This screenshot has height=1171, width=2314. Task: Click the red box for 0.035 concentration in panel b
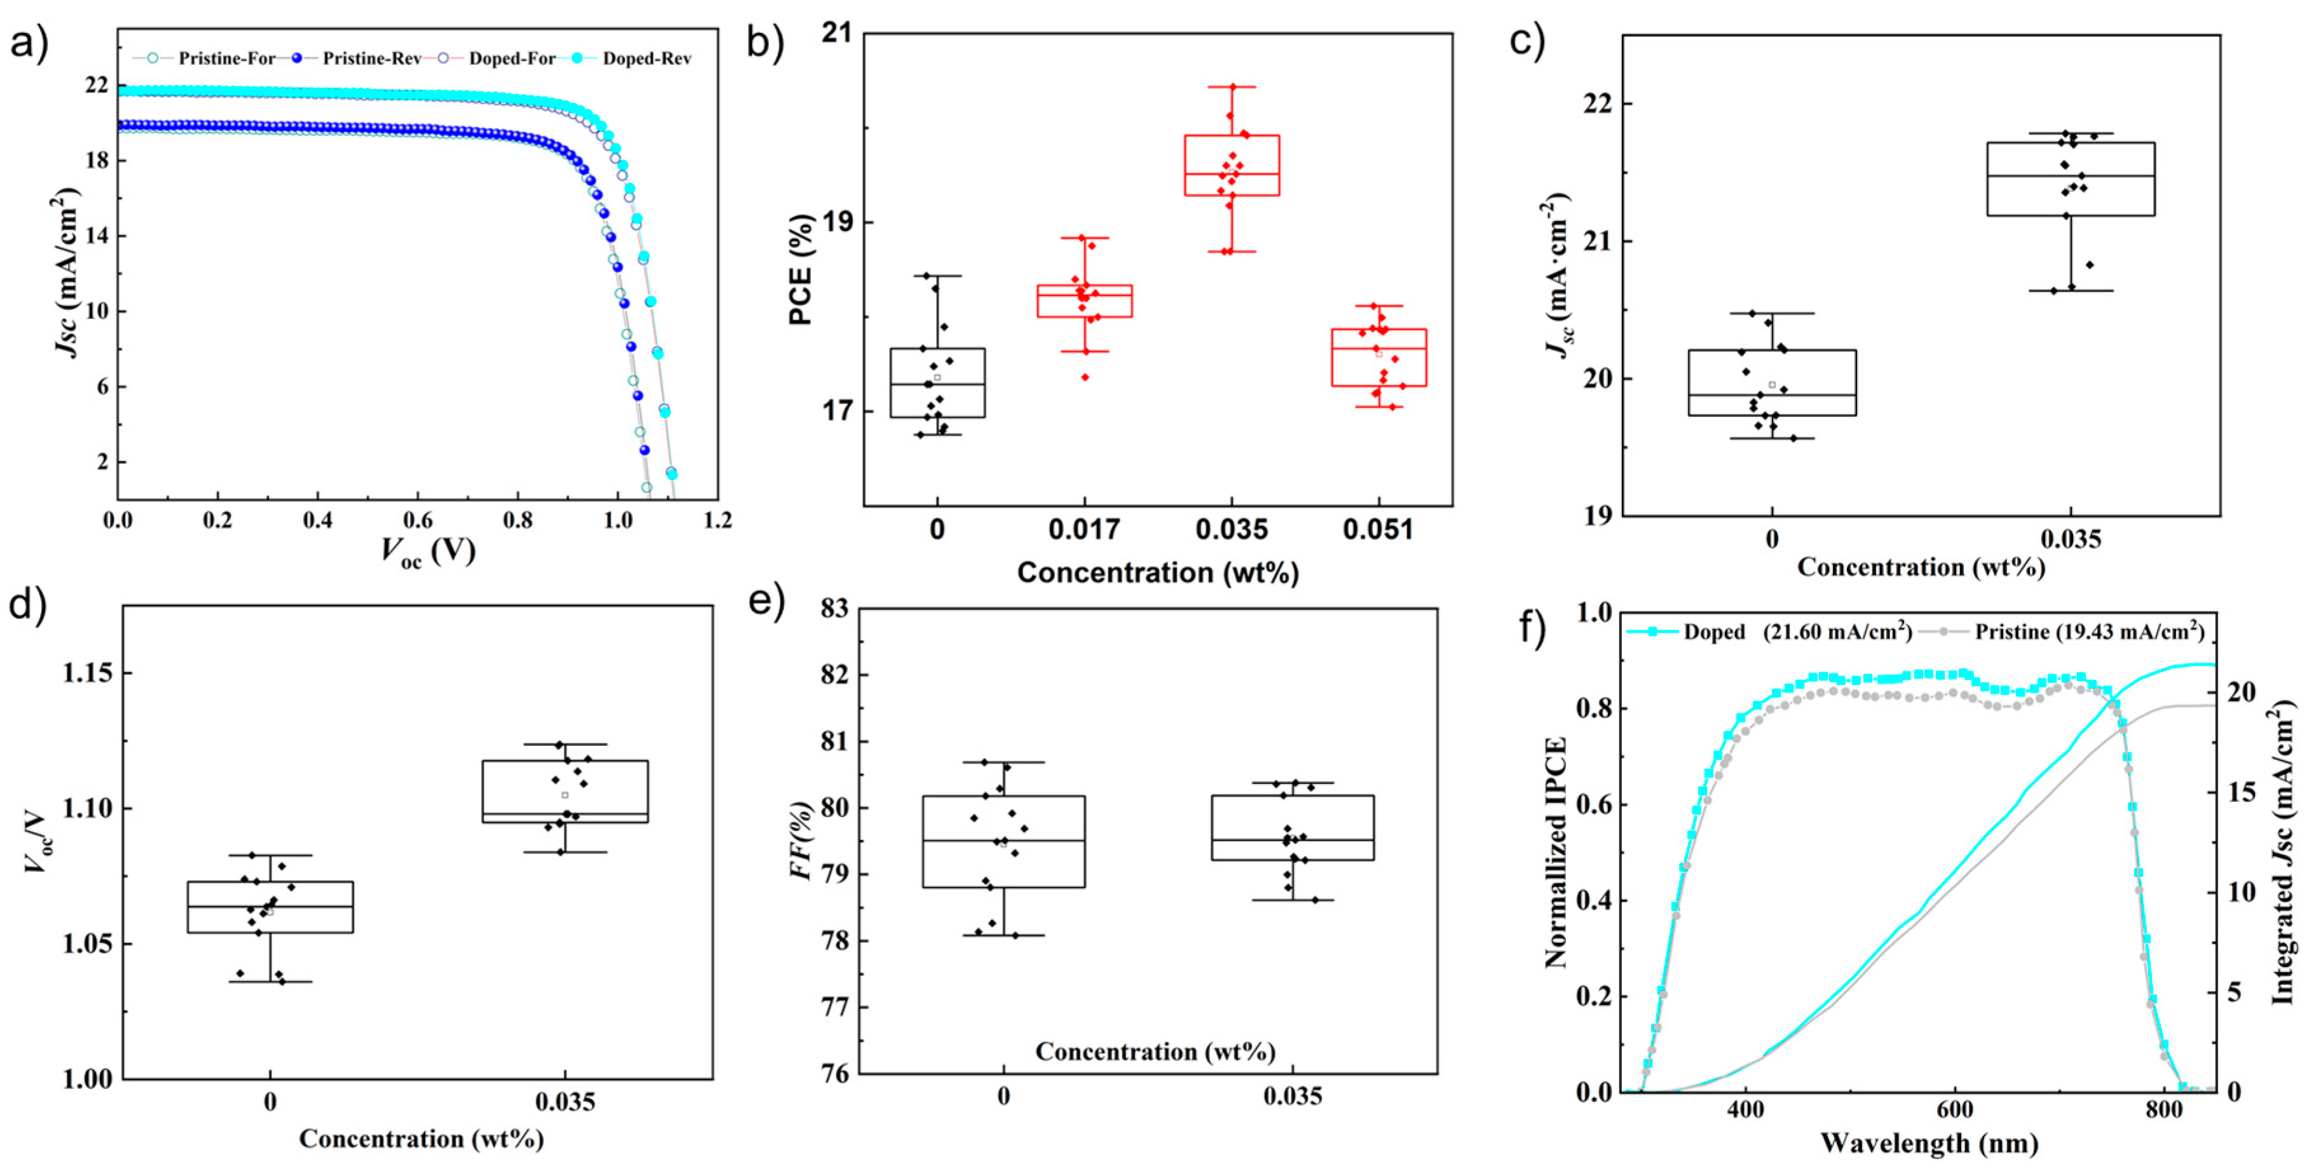[1232, 165]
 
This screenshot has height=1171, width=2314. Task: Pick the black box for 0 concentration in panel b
[937, 382]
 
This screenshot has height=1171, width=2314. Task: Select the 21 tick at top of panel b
[836, 33]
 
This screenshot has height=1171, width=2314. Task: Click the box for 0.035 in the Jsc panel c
[2071, 179]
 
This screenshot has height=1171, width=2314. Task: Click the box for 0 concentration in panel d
[269, 907]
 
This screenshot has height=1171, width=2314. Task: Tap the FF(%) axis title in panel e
[801, 839]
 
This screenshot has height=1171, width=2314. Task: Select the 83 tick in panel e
[834, 609]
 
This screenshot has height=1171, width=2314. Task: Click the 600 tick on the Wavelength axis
[1955, 1110]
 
